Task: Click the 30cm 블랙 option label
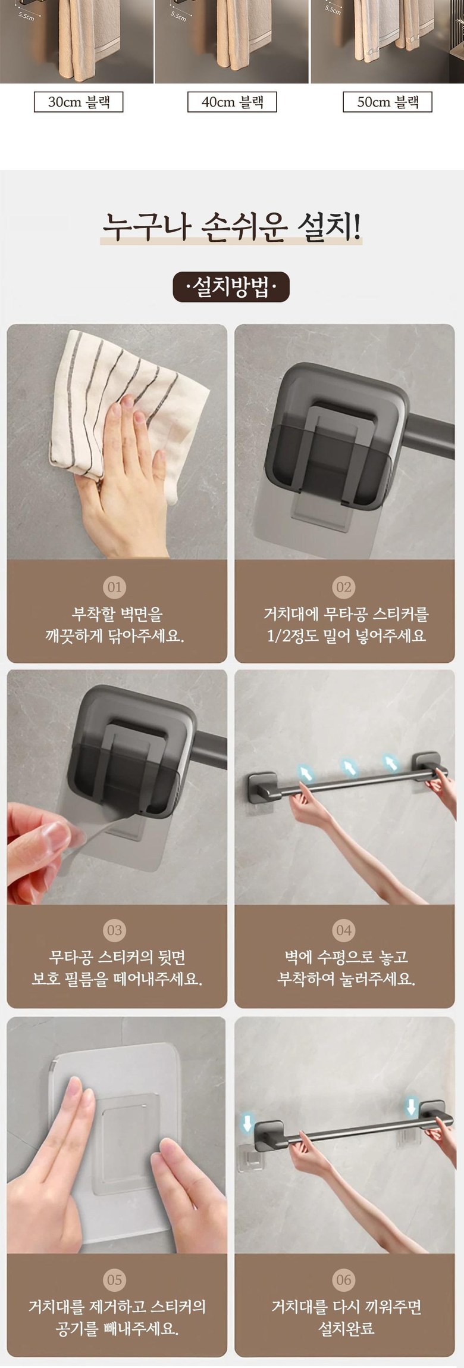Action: pos(79,102)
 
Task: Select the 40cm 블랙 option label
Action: pos(232,102)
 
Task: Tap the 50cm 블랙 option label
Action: pos(387,102)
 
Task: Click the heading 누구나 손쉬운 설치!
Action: pos(231,226)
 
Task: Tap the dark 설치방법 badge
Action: pos(231,288)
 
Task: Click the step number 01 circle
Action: pos(115,587)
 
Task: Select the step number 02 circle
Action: pos(344,587)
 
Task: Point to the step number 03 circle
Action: pos(115,930)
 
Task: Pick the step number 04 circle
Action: pos(344,930)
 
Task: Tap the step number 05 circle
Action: pos(115,1263)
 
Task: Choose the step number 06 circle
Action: pos(344,1263)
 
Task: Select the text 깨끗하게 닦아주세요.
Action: pos(115,636)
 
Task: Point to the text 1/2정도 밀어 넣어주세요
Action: pos(346,636)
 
